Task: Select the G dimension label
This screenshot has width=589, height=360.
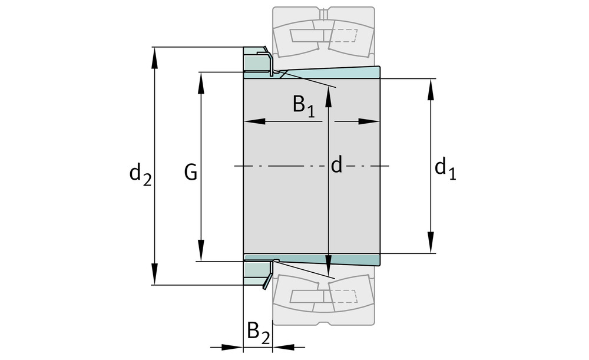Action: (x=190, y=173)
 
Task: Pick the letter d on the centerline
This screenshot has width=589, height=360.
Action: (x=336, y=166)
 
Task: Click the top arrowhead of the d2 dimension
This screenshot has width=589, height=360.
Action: (x=155, y=55)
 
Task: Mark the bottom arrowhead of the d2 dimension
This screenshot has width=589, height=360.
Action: (x=155, y=277)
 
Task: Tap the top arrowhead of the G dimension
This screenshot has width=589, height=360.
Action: (x=201, y=80)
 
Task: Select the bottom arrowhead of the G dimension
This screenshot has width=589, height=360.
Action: (x=201, y=253)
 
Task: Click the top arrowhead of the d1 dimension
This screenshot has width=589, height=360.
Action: (x=431, y=87)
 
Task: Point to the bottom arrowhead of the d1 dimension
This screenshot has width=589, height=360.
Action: (x=431, y=245)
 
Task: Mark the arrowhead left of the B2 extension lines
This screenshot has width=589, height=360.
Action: (x=234, y=347)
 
